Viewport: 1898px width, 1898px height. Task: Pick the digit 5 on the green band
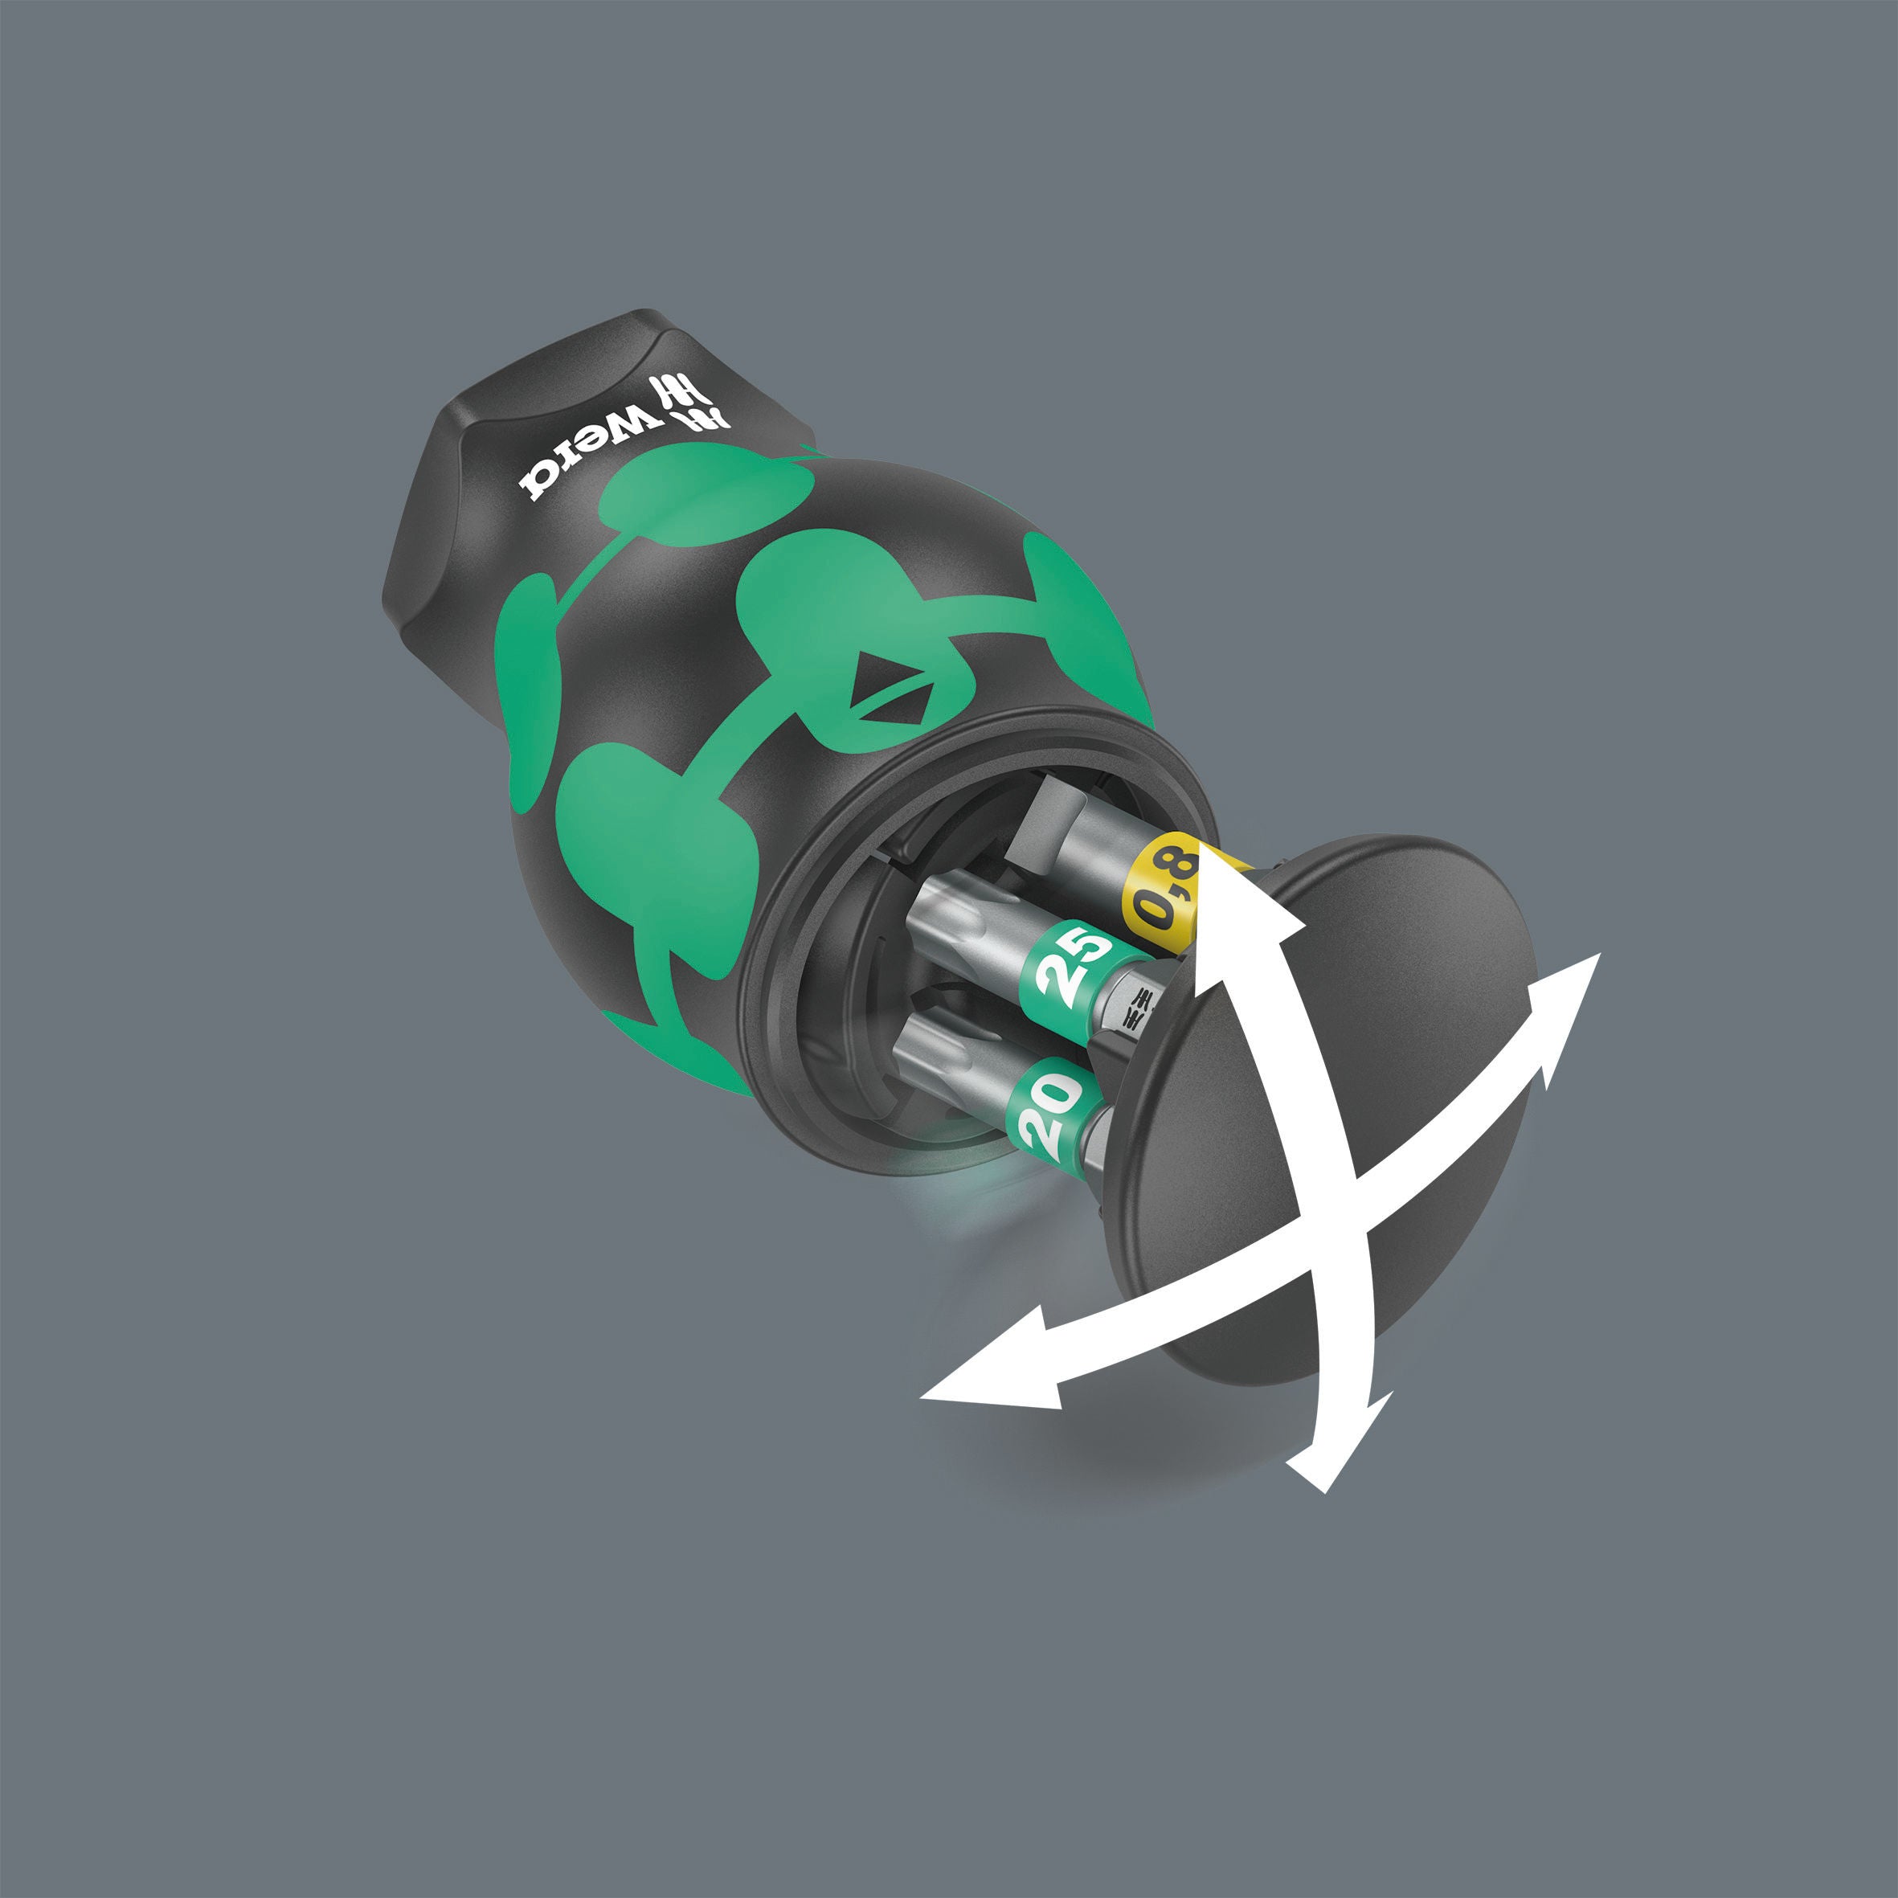1090,948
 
